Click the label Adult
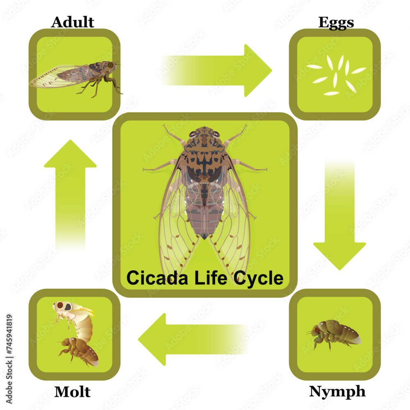[x=73, y=22]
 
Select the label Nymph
[x=337, y=392]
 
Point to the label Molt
[x=73, y=392]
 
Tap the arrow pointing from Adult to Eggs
[x=217, y=71]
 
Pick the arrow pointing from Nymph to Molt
[x=193, y=339]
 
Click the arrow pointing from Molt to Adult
[x=70, y=193]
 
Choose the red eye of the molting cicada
[x=60, y=305]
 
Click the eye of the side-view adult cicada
[x=110, y=65]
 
